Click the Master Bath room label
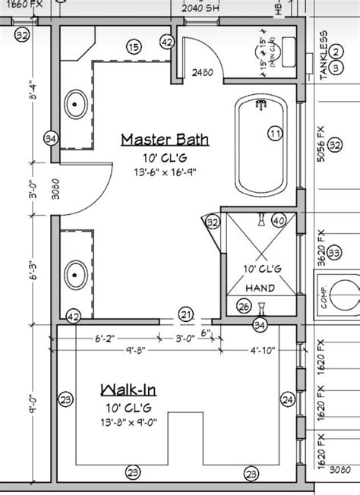pyautogui.click(x=163, y=139)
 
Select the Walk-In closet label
pyautogui.click(x=128, y=391)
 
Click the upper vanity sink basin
pyautogui.click(x=77, y=101)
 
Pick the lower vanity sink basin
pyautogui.click(x=77, y=271)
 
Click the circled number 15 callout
pyautogui.click(x=134, y=48)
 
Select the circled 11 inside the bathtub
pyautogui.click(x=274, y=134)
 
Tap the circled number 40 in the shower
pyautogui.click(x=278, y=221)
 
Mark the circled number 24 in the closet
pyautogui.click(x=287, y=399)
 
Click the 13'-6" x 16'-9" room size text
pyautogui.click(x=163, y=172)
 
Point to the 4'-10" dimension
pyautogui.click(x=261, y=351)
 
